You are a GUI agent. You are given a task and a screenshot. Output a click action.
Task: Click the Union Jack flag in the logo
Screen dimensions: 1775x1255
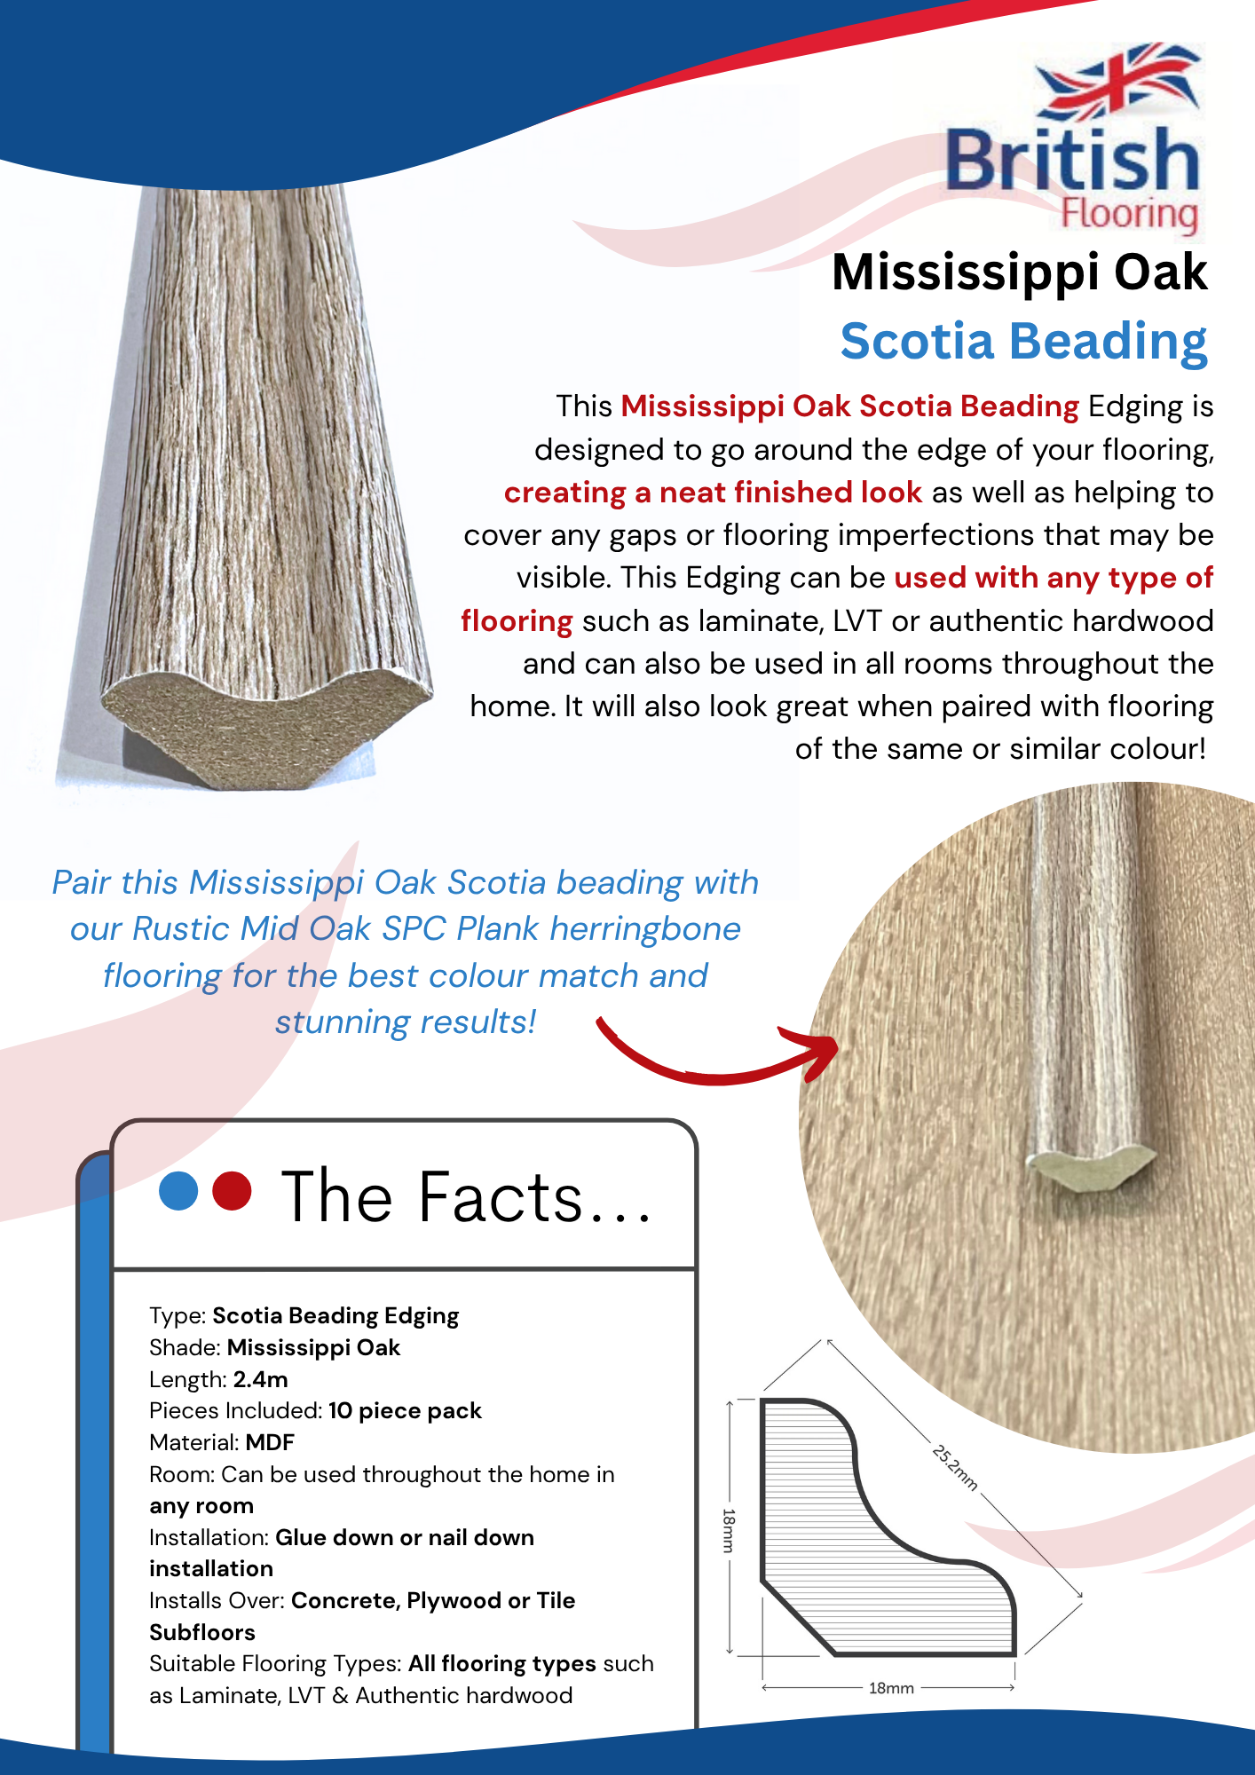[x=1120, y=82]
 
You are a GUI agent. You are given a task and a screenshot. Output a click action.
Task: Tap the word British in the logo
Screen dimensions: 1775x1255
[x=1072, y=160]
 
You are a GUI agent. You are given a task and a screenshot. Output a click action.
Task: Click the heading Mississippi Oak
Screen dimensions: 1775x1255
[x=1019, y=272]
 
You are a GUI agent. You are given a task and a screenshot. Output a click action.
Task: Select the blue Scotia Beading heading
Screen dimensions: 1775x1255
[x=1023, y=342]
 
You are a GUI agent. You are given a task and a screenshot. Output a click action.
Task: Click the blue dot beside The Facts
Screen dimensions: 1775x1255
[x=178, y=1191]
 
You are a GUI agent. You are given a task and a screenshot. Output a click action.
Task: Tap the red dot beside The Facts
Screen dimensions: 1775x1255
[x=233, y=1191]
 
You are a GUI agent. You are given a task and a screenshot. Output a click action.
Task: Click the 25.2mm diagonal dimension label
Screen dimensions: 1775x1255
[x=955, y=1467]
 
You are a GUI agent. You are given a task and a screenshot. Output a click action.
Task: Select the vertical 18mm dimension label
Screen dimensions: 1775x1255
[x=729, y=1529]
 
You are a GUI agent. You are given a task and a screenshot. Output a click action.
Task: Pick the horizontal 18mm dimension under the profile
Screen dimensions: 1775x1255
[x=890, y=1688]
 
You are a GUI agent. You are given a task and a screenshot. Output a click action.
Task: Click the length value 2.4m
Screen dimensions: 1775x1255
[x=260, y=1379]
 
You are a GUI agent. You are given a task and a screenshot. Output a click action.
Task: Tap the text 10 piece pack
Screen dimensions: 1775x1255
[x=405, y=1410]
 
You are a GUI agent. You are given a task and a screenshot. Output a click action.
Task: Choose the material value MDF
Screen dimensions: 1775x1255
[x=270, y=1442]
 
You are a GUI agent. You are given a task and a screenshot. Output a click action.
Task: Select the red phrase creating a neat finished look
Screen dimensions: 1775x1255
[x=713, y=493]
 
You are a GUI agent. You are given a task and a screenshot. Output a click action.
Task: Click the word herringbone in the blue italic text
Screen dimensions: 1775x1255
[x=645, y=929]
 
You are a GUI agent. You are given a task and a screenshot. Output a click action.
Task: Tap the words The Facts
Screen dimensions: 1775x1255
[x=466, y=1198]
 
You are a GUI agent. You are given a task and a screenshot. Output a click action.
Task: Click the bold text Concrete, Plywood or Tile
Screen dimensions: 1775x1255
[x=433, y=1600]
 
